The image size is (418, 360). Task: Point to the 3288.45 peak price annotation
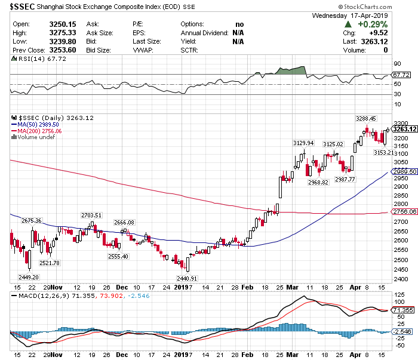pyautogui.click(x=365, y=119)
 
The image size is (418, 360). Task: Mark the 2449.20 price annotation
pyautogui.click(x=29, y=277)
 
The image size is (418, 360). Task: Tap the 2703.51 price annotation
pyautogui.click(x=91, y=215)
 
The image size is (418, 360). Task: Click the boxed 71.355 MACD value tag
pyautogui.click(x=401, y=310)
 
